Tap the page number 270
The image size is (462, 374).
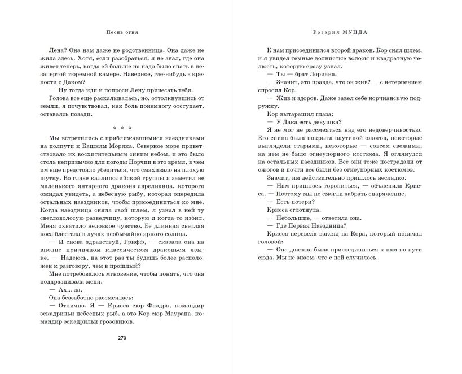(122, 338)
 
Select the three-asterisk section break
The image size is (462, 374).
(122, 127)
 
